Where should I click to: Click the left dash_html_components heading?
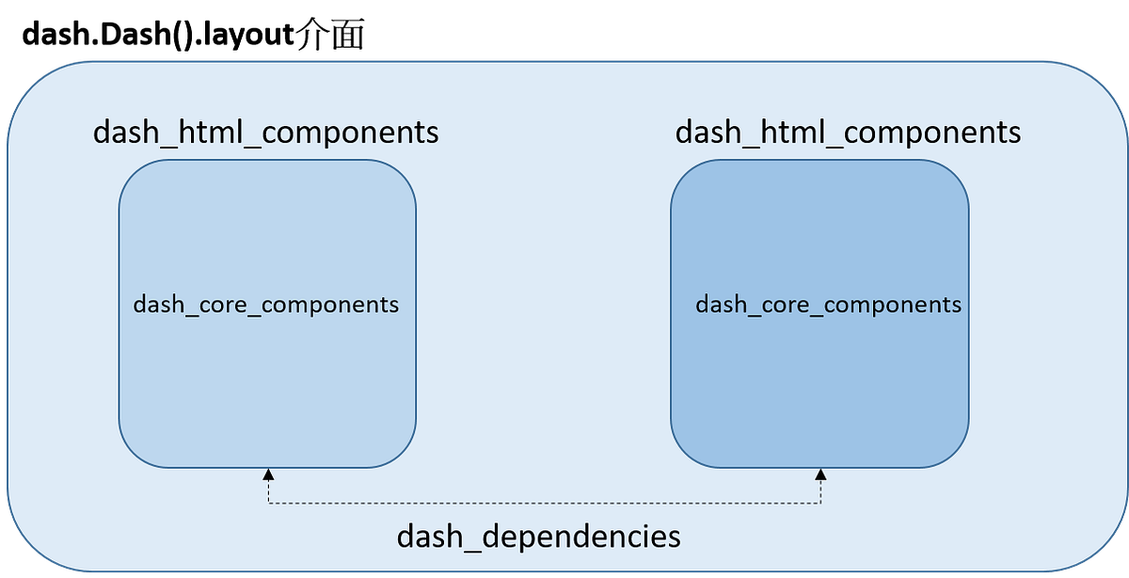265,133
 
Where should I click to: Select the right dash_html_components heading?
848,133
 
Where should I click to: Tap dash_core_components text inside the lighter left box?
266,305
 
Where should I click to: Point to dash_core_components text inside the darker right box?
828,305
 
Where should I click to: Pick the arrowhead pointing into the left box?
268,475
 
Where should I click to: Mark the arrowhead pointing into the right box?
821,475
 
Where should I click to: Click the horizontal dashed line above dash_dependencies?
545,504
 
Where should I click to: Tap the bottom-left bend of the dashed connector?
269,503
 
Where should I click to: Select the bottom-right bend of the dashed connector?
821,503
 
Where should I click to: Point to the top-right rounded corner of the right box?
955,174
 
